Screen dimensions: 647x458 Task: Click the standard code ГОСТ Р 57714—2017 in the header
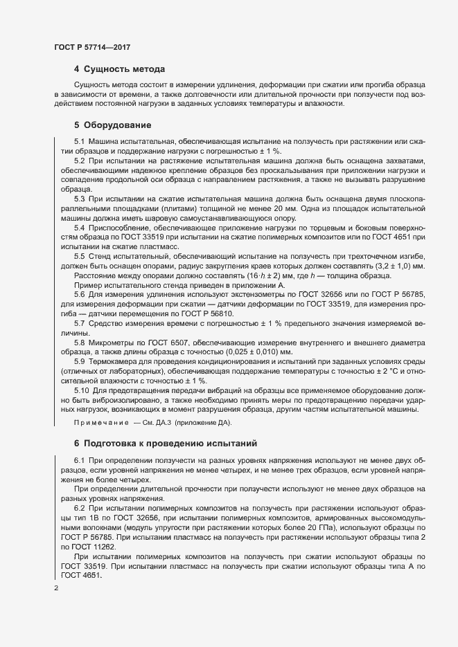(x=92, y=47)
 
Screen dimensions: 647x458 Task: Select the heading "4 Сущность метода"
(x=119, y=69)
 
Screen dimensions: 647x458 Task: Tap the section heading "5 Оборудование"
(x=112, y=125)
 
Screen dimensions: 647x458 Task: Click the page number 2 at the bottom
(x=56, y=588)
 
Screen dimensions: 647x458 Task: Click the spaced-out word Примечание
(x=101, y=423)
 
